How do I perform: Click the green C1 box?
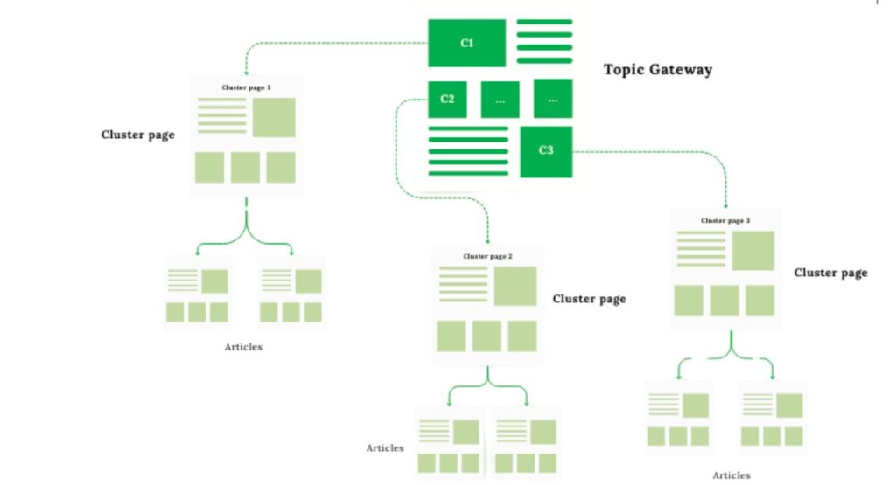(x=466, y=43)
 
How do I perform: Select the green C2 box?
(x=447, y=99)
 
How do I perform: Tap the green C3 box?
(x=546, y=150)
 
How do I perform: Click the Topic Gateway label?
(x=657, y=70)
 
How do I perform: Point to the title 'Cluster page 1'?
(x=246, y=88)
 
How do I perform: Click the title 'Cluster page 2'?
(x=487, y=256)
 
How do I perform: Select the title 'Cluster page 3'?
(x=725, y=221)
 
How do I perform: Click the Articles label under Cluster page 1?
(x=243, y=347)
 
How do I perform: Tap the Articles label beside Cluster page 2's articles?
(x=385, y=448)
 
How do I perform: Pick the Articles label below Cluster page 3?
(x=731, y=475)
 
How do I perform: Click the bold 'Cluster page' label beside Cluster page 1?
(x=138, y=135)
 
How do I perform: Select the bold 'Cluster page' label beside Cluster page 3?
(x=830, y=273)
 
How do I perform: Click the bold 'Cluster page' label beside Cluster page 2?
(x=589, y=299)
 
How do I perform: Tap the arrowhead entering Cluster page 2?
(x=487, y=239)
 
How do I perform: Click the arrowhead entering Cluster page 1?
(x=246, y=73)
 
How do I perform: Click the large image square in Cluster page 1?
(x=274, y=117)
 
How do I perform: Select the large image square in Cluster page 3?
(x=752, y=251)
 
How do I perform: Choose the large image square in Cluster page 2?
(x=514, y=286)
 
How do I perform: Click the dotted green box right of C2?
(x=500, y=99)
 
